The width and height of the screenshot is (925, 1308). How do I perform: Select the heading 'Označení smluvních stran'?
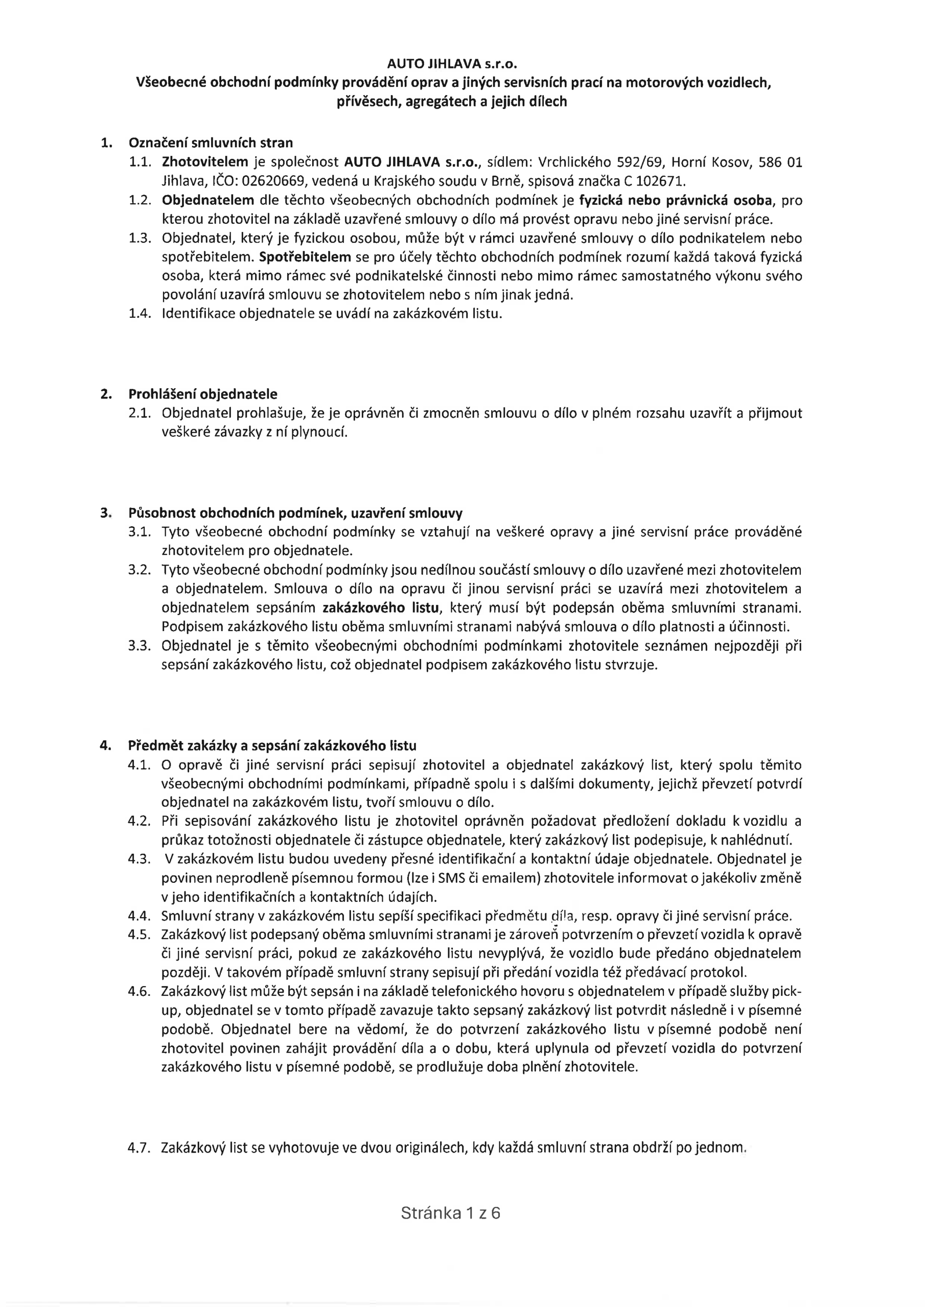click(x=211, y=143)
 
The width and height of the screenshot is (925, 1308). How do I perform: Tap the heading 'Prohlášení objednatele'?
click(x=203, y=393)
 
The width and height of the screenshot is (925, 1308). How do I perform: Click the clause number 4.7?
click(x=139, y=1148)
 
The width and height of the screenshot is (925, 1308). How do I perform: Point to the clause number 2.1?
click(x=139, y=413)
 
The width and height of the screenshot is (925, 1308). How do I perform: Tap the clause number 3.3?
click(x=139, y=646)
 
